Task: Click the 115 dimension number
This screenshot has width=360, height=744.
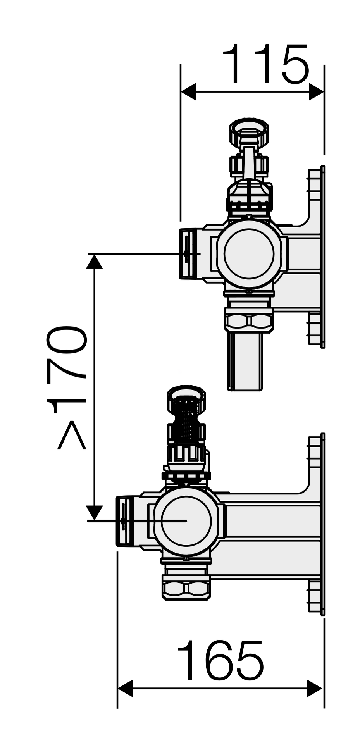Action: click(266, 64)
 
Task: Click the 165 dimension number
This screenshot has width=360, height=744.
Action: click(220, 661)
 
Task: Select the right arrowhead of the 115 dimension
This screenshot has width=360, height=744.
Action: click(317, 92)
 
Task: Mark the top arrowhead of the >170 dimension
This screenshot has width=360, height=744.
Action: click(94, 262)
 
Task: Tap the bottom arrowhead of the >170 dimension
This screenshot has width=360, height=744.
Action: click(94, 513)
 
